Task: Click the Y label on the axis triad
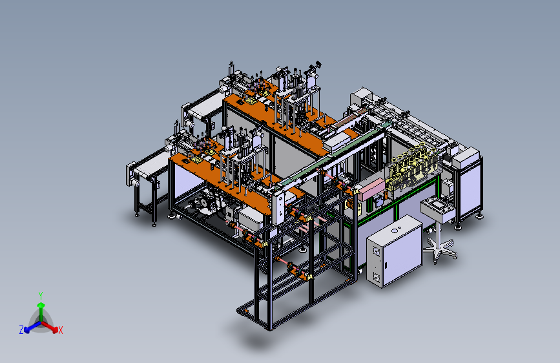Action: (41, 296)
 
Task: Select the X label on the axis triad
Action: (61, 331)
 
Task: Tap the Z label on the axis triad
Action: (21, 330)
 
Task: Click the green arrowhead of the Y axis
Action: (41, 305)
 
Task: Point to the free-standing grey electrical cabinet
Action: (394, 251)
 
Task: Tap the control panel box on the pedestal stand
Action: (437, 209)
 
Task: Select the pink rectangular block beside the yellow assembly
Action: (371, 189)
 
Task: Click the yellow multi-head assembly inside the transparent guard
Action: (414, 166)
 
